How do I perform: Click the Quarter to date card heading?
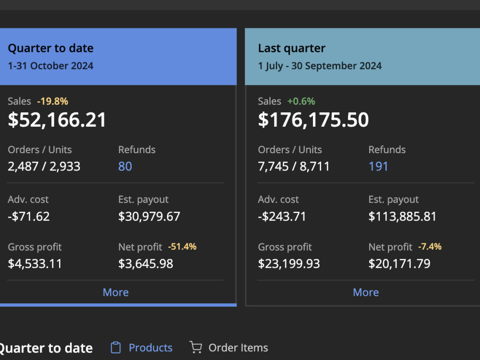[51, 48]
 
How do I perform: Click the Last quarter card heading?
[291, 48]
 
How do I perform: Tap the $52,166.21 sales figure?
[57, 120]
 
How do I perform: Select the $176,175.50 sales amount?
[313, 120]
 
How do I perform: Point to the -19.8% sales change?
[53, 101]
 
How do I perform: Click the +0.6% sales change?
[301, 101]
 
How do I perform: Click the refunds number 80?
[125, 166]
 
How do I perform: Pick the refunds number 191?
[378, 166]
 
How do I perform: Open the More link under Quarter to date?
[116, 292]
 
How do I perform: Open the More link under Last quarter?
[366, 292]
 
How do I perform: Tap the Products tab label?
[151, 348]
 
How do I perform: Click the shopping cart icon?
[196, 348]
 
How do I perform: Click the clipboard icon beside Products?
[116, 348]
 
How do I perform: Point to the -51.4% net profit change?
[182, 246]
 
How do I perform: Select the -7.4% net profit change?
[430, 246]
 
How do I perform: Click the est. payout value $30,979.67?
[149, 216]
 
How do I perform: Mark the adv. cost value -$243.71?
[282, 216]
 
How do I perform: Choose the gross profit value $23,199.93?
[288, 264]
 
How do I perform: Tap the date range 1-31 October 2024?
[50, 66]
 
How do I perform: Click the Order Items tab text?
[238, 348]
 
